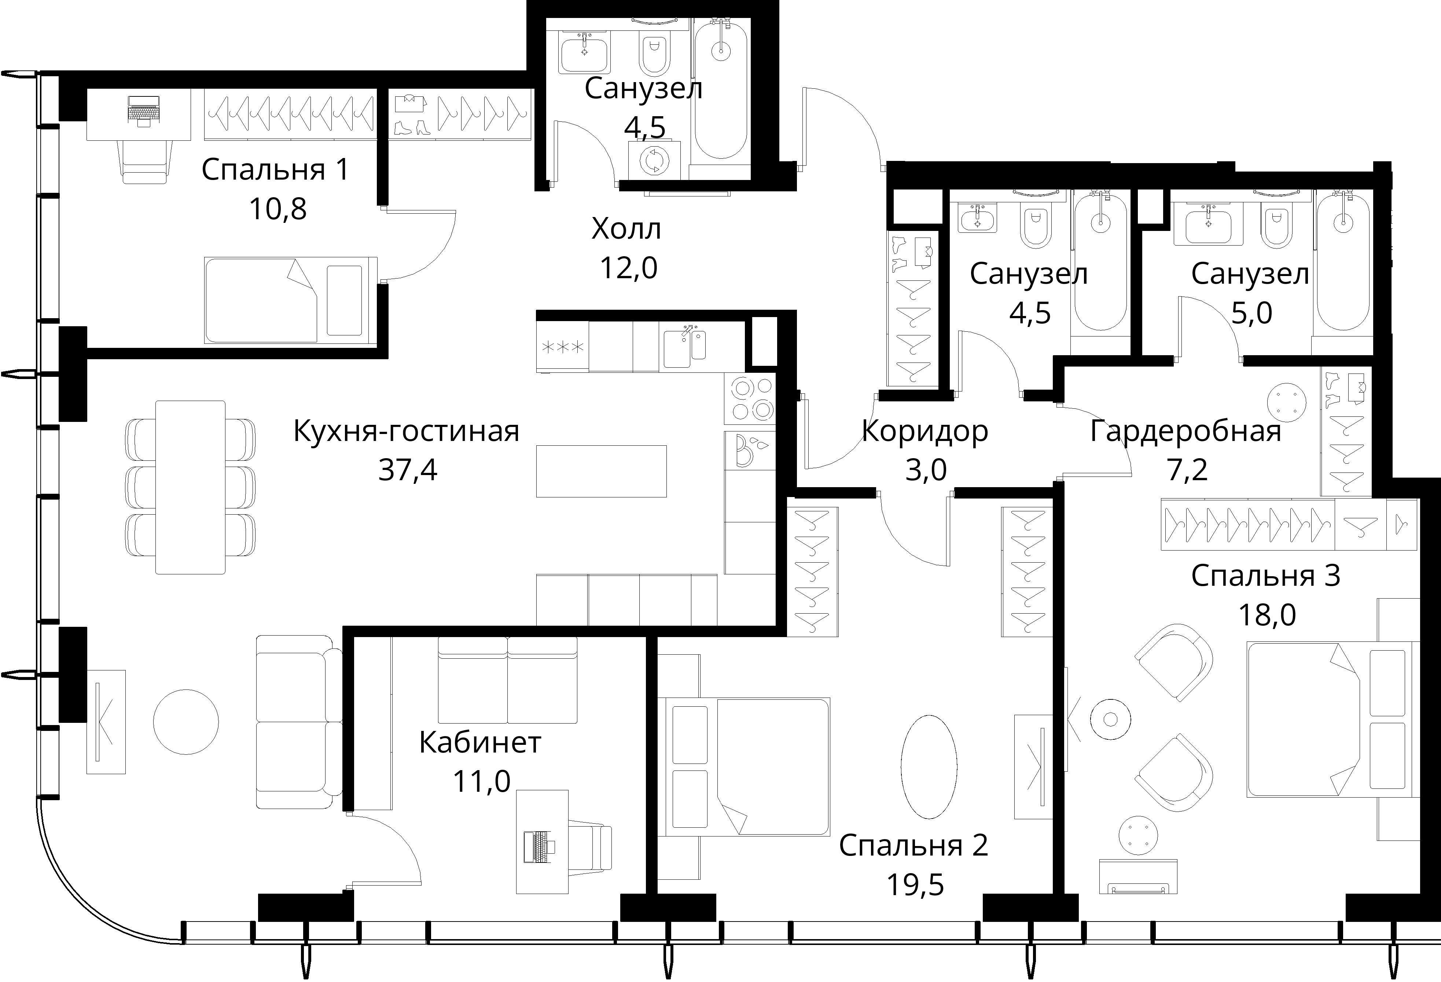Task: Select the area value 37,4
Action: point(407,470)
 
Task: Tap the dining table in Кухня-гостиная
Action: point(190,487)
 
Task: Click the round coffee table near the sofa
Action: point(186,722)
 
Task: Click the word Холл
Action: point(626,229)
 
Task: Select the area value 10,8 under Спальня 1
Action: point(278,210)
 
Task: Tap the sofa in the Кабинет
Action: point(507,680)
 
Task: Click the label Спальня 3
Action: point(1265,576)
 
